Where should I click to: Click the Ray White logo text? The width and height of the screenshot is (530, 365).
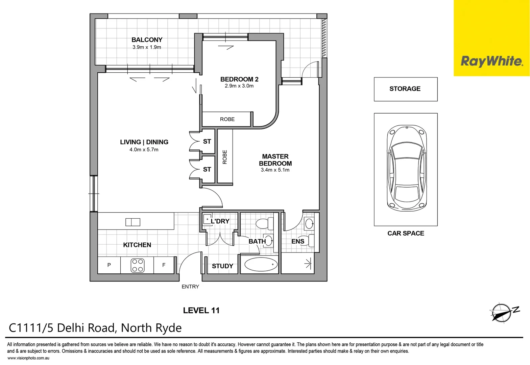tap(492, 61)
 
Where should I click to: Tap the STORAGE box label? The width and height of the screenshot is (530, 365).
tap(405, 89)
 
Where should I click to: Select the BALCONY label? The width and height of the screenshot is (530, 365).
tap(147, 40)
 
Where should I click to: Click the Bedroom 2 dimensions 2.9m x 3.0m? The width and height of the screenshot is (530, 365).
tap(239, 86)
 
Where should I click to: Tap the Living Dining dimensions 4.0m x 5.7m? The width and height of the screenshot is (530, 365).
tap(144, 150)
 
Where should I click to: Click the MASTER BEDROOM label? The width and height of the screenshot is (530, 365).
tap(275, 160)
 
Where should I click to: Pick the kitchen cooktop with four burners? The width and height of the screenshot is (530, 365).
tap(137, 265)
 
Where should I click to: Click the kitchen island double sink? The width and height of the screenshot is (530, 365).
tap(132, 222)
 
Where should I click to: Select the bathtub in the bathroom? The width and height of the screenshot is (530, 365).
tap(261, 265)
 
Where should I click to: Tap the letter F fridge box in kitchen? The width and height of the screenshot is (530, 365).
tap(164, 265)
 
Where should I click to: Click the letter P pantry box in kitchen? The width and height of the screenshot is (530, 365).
tap(109, 265)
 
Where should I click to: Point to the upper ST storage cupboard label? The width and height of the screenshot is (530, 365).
tap(207, 142)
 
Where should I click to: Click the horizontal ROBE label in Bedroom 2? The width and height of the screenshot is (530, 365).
tap(227, 119)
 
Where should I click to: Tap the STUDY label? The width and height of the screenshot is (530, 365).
tap(222, 266)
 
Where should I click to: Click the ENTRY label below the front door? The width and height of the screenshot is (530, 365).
tap(190, 287)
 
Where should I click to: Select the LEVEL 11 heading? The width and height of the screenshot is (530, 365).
tap(201, 311)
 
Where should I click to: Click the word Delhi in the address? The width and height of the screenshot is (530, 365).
tap(71, 328)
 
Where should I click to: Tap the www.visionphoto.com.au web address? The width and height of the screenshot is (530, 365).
tap(28, 358)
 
